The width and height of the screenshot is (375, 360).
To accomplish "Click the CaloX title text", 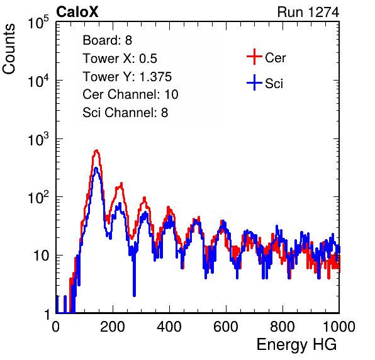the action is [77, 12].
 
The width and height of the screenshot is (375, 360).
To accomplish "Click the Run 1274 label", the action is [308, 12].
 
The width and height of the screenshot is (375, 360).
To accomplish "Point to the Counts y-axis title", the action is [9, 49].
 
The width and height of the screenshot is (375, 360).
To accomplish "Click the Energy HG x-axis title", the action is [296, 345].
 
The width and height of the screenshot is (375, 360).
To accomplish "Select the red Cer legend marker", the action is [254, 57].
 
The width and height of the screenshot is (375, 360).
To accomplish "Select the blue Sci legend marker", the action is [254, 82].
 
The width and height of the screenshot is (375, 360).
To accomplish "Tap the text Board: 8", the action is [107, 40].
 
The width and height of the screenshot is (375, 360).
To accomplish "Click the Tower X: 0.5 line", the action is [120, 59].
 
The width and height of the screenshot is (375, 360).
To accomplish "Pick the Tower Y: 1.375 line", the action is [127, 77].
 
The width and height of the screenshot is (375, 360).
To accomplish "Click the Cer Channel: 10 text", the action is [130, 94].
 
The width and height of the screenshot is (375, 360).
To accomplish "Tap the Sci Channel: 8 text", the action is [125, 113].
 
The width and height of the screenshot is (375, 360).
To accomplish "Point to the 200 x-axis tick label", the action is [113, 327].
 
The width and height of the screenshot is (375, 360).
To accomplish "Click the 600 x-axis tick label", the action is [226, 327].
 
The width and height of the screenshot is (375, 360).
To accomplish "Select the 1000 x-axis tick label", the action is [339, 327].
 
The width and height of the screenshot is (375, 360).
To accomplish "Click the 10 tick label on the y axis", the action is [41, 256].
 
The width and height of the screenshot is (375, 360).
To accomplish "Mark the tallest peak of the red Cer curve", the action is [96, 150].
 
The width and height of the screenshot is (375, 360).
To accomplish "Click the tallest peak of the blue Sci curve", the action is [96, 168].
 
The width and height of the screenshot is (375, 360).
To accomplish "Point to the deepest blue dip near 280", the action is [134, 295].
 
